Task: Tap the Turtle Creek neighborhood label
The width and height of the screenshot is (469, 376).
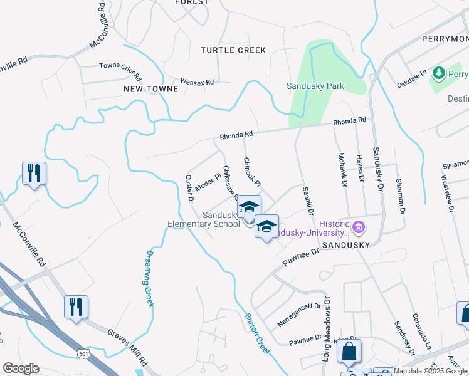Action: pyautogui.click(x=233, y=50)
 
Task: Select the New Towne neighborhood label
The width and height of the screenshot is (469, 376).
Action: pyautogui.click(x=150, y=89)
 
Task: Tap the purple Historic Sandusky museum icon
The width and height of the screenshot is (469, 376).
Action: pyautogui.click(x=358, y=226)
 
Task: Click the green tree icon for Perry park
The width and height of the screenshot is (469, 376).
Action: pyautogui.click(x=438, y=73)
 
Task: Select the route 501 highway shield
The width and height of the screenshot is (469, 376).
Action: pyautogui.click(x=83, y=354)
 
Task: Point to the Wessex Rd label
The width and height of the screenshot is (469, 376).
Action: pyautogui.click(x=197, y=82)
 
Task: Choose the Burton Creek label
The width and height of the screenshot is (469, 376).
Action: pyautogui.click(x=258, y=334)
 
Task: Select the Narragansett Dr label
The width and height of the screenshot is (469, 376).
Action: pyautogui.click(x=299, y=315)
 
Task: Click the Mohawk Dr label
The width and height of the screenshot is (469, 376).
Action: pyautogui.click(x=342, y=170)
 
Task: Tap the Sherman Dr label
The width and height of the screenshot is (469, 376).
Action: pyautogui.click(x=399, y=196)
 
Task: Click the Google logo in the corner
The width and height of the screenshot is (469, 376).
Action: pyautogui.click(x=21, y=368)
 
